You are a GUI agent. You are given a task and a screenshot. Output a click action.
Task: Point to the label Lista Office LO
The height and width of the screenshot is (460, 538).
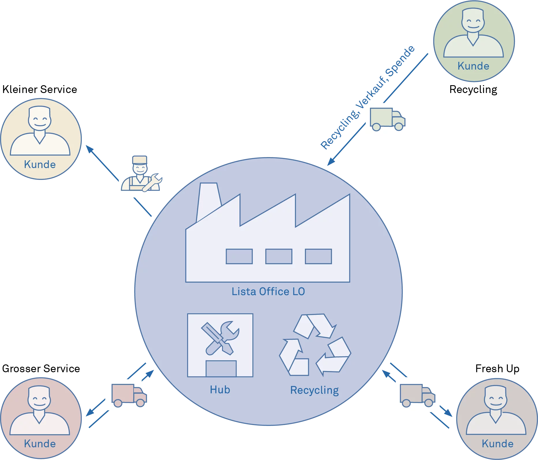coord(268,292)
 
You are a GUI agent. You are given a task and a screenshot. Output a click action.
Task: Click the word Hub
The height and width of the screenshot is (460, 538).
coord(220,390)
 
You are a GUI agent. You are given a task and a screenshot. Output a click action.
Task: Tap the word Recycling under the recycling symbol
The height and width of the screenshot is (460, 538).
coord(314,390)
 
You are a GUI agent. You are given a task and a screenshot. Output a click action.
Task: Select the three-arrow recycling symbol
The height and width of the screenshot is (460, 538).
coord(315,345)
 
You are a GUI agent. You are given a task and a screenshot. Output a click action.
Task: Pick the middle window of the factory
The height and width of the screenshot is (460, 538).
coord(279,256)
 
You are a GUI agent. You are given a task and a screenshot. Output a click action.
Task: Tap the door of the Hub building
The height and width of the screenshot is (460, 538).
coord(221,369)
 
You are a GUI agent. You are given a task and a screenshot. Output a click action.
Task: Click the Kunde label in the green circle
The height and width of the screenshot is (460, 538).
coord(473,66)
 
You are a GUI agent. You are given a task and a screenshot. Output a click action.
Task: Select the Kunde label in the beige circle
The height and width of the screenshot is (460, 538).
coord(40,165)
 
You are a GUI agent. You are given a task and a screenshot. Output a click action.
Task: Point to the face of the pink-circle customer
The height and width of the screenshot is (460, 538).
coord(40,399)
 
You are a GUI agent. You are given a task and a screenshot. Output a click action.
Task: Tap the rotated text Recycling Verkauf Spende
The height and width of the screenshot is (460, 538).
coord(368,98)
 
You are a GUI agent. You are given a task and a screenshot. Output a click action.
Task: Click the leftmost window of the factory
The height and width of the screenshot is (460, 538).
coord(239,256)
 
